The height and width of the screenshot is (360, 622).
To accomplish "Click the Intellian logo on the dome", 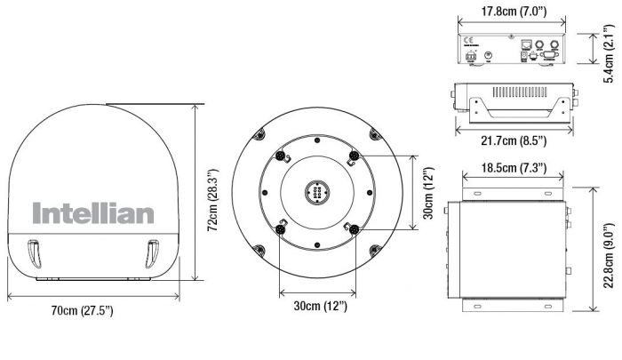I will pyautogui.click(x=93, y=213).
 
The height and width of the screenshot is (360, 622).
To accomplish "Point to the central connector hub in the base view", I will pyautogui.click(x=317, y=190).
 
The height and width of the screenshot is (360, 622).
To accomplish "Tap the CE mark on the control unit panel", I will pyautogui.click(x=467, y=40).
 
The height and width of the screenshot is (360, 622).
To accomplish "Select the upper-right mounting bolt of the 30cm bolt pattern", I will pyautogui.click(x=355, y=156).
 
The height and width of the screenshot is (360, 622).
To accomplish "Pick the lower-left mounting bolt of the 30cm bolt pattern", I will pyautogui.click(x=280, y=228).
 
